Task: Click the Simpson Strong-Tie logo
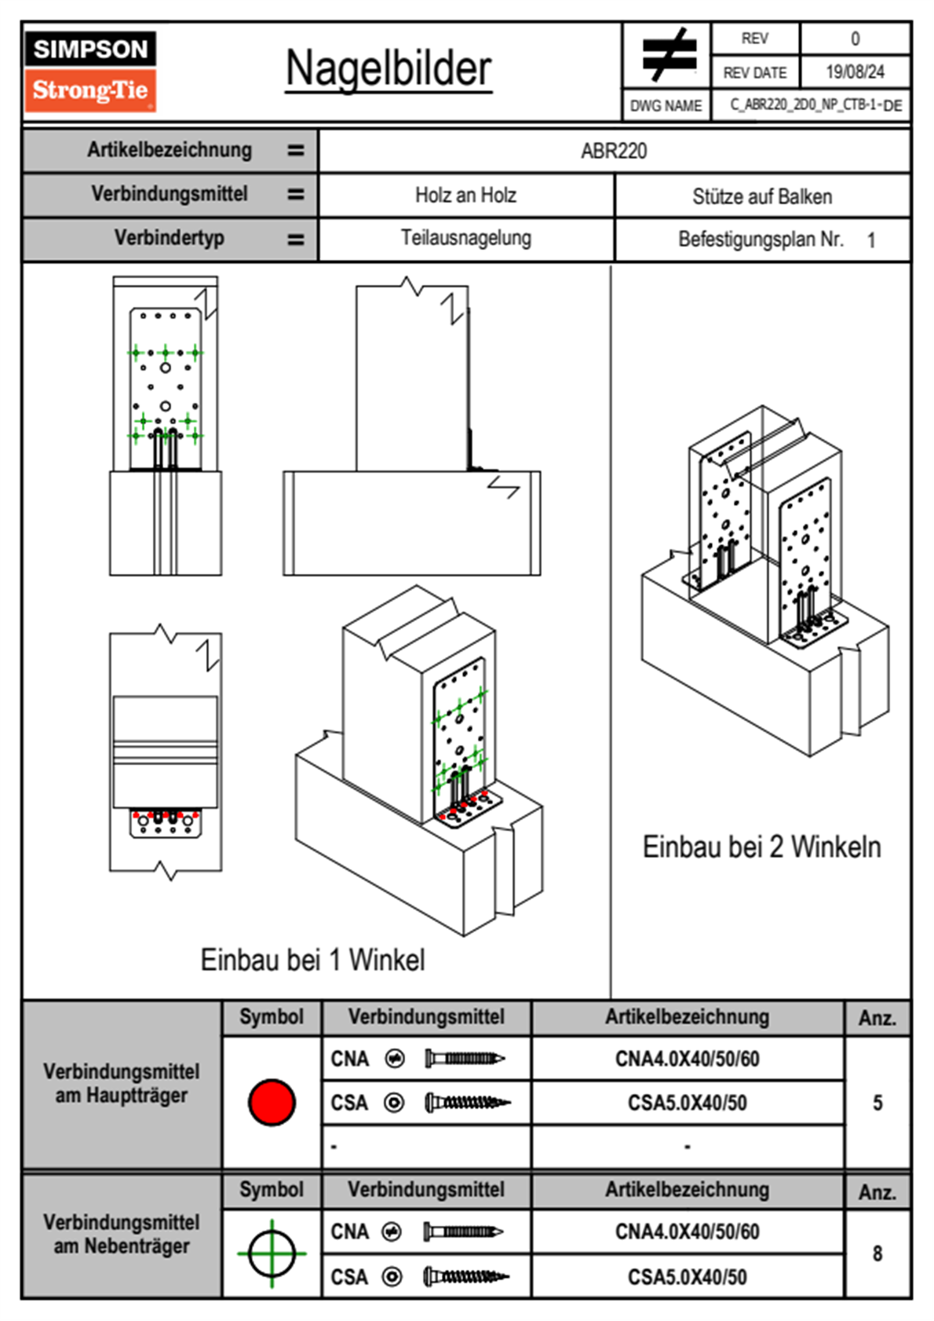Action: [90, 71]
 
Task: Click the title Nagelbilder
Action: [389, 68]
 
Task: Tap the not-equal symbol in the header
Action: [669, 56]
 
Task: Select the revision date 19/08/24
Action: [855, 72]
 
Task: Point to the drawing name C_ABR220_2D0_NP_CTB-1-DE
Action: [815, 105]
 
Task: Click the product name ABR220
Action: [614, 151]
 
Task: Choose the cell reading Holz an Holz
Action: [465, 196]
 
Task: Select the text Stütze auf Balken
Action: [761, 196]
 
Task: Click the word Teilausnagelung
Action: [465, 238]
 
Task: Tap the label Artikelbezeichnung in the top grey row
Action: [170, 150]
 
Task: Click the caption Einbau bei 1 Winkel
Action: [312, 960]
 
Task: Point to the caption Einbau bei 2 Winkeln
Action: [761, 847]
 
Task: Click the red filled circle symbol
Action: [272, 1102]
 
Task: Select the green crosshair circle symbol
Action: [272, 1253]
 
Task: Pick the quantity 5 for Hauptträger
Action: [877, 1103]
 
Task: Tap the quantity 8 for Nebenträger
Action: [877, 1253]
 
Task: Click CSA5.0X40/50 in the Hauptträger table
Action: [687, 1103]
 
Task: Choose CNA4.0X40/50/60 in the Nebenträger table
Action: [687, 1231]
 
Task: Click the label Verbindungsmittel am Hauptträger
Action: [122, 1083]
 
